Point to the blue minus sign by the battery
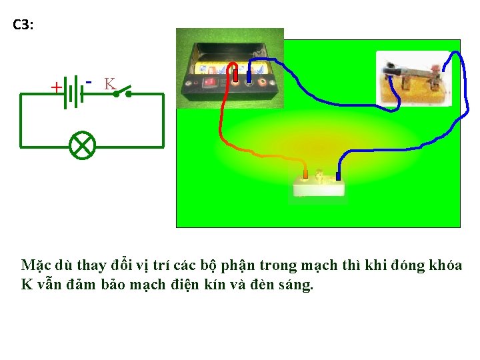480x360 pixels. coord(89,81)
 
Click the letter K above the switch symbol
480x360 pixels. coord(109,83)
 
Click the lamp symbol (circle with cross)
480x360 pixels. coord(83,146)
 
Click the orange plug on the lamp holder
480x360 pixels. coord(305,175)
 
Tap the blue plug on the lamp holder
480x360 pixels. coord(339,175)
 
